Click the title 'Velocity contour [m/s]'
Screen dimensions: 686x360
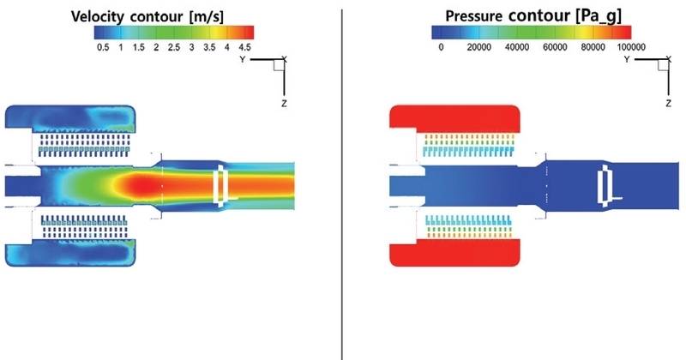147,16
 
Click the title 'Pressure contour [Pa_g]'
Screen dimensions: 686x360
533,16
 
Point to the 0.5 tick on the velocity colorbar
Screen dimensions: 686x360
103,47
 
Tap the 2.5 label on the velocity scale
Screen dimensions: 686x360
174,47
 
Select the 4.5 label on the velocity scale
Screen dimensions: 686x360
244,47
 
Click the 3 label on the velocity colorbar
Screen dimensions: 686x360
191,47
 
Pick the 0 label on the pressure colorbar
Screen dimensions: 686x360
441,47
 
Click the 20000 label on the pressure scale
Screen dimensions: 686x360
478,47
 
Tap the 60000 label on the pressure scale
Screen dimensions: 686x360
555,47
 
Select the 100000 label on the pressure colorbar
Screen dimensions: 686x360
631,47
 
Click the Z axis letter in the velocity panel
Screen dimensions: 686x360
285,104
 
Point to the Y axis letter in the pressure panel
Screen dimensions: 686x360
627,59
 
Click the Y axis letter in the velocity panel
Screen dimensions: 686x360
243,59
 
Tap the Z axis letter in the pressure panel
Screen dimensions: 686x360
669,104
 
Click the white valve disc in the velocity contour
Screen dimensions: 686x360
221,186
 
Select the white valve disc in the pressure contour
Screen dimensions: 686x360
605,186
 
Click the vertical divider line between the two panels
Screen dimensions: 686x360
342,183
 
